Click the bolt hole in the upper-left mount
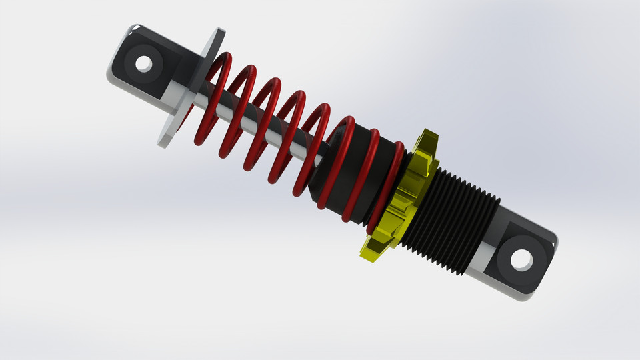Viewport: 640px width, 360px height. (x=143, y=64)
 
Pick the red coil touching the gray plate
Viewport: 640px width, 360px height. (x=212, y=100)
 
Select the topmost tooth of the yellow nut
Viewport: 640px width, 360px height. (x=430, y=139)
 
